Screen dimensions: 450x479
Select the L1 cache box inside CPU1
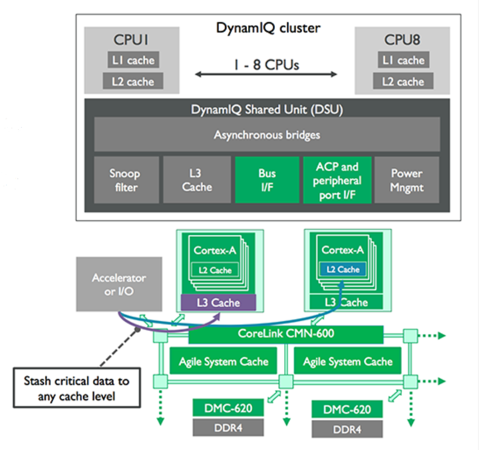(x=131, y=61)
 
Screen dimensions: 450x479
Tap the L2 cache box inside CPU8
(x=402, y=82)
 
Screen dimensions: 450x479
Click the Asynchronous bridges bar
(x=267, y=135)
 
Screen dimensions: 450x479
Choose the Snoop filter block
(x=126, y=181)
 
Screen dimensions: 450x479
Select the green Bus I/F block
(x=266, y=181)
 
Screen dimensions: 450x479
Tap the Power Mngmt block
(x=406, y=181)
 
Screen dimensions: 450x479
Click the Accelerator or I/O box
(x=118, y=284)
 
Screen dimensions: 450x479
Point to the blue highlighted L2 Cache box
(x=343, y=270)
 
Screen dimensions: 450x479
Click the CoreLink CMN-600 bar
(x=286, y=335)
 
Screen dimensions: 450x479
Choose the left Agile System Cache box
(x=224, y=361)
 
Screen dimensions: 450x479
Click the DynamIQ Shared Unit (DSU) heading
(x=267, y=109)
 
